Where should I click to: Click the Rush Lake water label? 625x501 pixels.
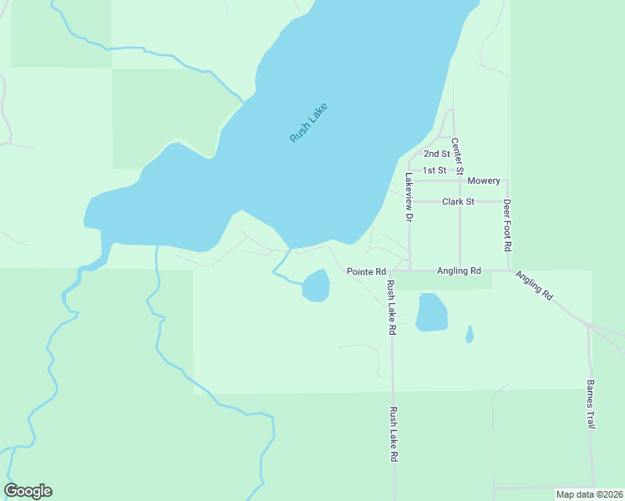pos(308,123)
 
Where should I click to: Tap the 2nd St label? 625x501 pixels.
pos(436,154)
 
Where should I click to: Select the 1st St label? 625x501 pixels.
pos(434,170)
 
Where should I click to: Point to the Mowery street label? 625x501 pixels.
pos(484,181)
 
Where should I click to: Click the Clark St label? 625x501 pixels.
pos(458,201)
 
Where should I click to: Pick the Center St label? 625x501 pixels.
pos(457,156)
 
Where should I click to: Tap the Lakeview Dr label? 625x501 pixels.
pos(409,197)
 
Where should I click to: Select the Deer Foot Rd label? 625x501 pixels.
pos(507,225)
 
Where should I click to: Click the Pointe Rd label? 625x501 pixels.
pos(366,272)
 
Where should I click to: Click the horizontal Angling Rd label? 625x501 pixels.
pos(459,271)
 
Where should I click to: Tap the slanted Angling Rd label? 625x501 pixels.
pos(534,286)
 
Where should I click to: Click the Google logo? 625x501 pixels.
pos(28,491)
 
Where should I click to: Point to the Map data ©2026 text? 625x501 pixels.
pos(588,494)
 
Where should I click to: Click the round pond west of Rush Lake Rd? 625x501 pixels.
pos(316,286)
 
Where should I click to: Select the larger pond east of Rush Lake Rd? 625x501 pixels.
pos(431,312)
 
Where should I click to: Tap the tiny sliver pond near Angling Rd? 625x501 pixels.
pos(470,334)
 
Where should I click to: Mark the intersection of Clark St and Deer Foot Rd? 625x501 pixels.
pos(507,201)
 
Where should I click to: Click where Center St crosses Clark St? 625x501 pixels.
pos(460,201)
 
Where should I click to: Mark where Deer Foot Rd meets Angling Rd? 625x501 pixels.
pos(508,271)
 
